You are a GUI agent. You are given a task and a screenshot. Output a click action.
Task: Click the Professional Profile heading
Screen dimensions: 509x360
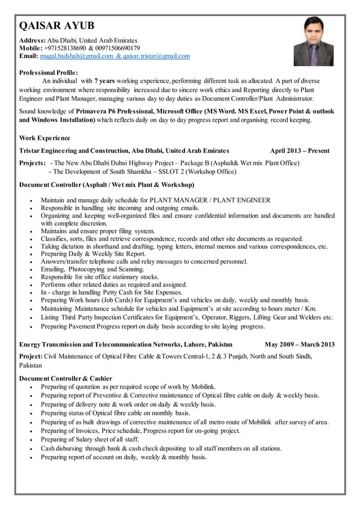(49, 73)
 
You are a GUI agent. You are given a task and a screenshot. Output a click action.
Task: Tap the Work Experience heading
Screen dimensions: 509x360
(45, 138)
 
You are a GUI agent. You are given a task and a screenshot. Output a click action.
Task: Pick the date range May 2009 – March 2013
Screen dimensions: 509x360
(299, 344)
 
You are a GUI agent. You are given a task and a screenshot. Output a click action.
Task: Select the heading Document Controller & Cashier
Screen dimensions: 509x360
(65, 378)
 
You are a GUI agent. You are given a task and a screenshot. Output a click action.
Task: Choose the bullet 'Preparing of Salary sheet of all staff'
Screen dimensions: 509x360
(90, 440)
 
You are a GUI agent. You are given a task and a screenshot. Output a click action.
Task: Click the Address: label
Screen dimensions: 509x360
(32, 41)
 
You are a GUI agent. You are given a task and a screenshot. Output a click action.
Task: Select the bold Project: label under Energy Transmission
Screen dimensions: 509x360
(31, 357)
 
